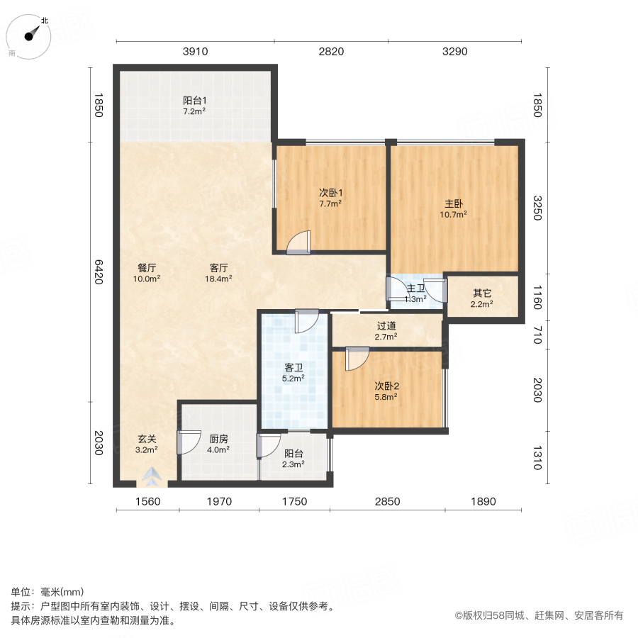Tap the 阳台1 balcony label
pyautogui.click(x=194, y=101)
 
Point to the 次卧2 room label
pyautogui.click(x=387, y=386)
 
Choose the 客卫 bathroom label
pyautogui.click(x=293, y=368)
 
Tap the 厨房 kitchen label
pyautogui.click(x=219, y=439)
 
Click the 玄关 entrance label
pyautogui.click(x=147, y=439)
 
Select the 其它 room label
pyautogui.click(x=482, y=293)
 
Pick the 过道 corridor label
pyautogui.click(x=386, y=326)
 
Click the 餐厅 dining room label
pyautogui.click(x=147, y=268)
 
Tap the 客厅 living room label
pyautogui.click(x=218, y=268)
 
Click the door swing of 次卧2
pyautogui.click(x=356, y=359)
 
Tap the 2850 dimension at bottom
pyautogui.click(x=388, y=501)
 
